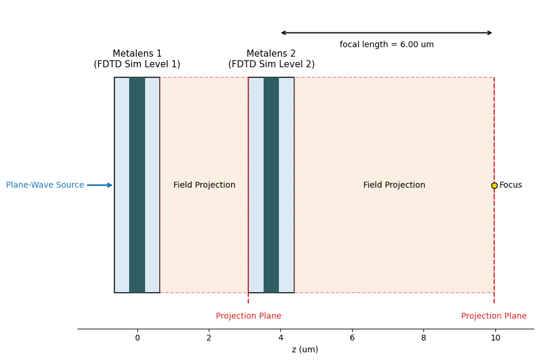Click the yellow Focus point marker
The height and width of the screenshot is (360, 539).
[x=494, y=185]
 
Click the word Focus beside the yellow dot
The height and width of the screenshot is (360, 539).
[x=511, y=185]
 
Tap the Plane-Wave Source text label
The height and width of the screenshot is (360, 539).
[x=45, y=185]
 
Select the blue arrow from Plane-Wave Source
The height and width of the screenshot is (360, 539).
[x=99, y=185]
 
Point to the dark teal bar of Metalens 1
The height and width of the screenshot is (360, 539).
[x=137, y=185]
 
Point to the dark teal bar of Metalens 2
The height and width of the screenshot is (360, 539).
[x=271, y=185]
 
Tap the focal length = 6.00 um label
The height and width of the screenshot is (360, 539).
[x=386, y=45]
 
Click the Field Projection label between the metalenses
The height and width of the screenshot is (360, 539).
[x=204, y=185]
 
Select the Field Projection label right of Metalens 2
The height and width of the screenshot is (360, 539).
[x=394, y=185]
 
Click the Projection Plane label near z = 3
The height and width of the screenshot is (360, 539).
[x=248, y=316]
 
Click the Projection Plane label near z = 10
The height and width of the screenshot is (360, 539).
[x=494, y=316]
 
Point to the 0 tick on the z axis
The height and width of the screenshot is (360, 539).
[x=137, y=338]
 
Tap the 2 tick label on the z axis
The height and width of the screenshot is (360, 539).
[x=209, y=338]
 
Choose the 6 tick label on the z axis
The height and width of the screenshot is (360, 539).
[x=352, y=338]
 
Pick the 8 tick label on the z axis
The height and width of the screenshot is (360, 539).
[x=423, y=338]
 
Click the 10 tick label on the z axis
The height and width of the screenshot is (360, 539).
[x=495, y=338]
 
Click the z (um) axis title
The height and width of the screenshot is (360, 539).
[x=305, y=350]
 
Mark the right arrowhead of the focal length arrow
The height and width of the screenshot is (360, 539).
[x=490, y=33]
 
